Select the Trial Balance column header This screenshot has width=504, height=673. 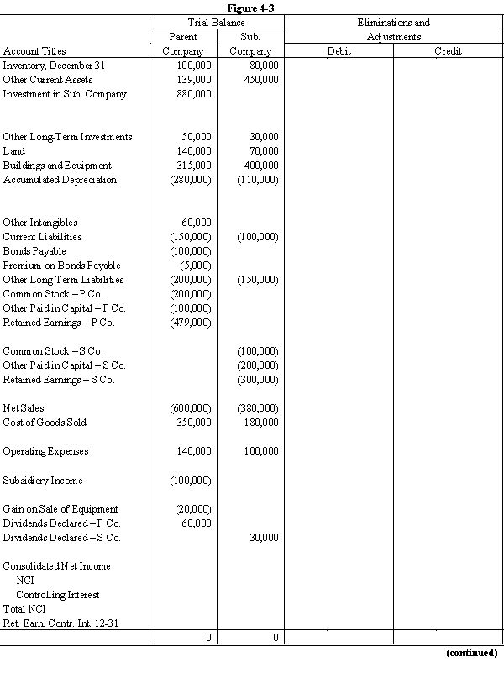click(x=217, y=23)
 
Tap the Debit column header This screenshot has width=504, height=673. click(x=338, y=51)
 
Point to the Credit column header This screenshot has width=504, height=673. click(x=447, y=51)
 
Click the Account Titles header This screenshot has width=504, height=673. click(x=34, y=51)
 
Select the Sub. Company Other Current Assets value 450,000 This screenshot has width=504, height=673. click(x=262, y=80)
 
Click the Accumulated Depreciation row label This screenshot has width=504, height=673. click(x=60, y=180)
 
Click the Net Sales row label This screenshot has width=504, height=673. click(x=24, y=408)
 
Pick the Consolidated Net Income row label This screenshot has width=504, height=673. click(x=56, y=566)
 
